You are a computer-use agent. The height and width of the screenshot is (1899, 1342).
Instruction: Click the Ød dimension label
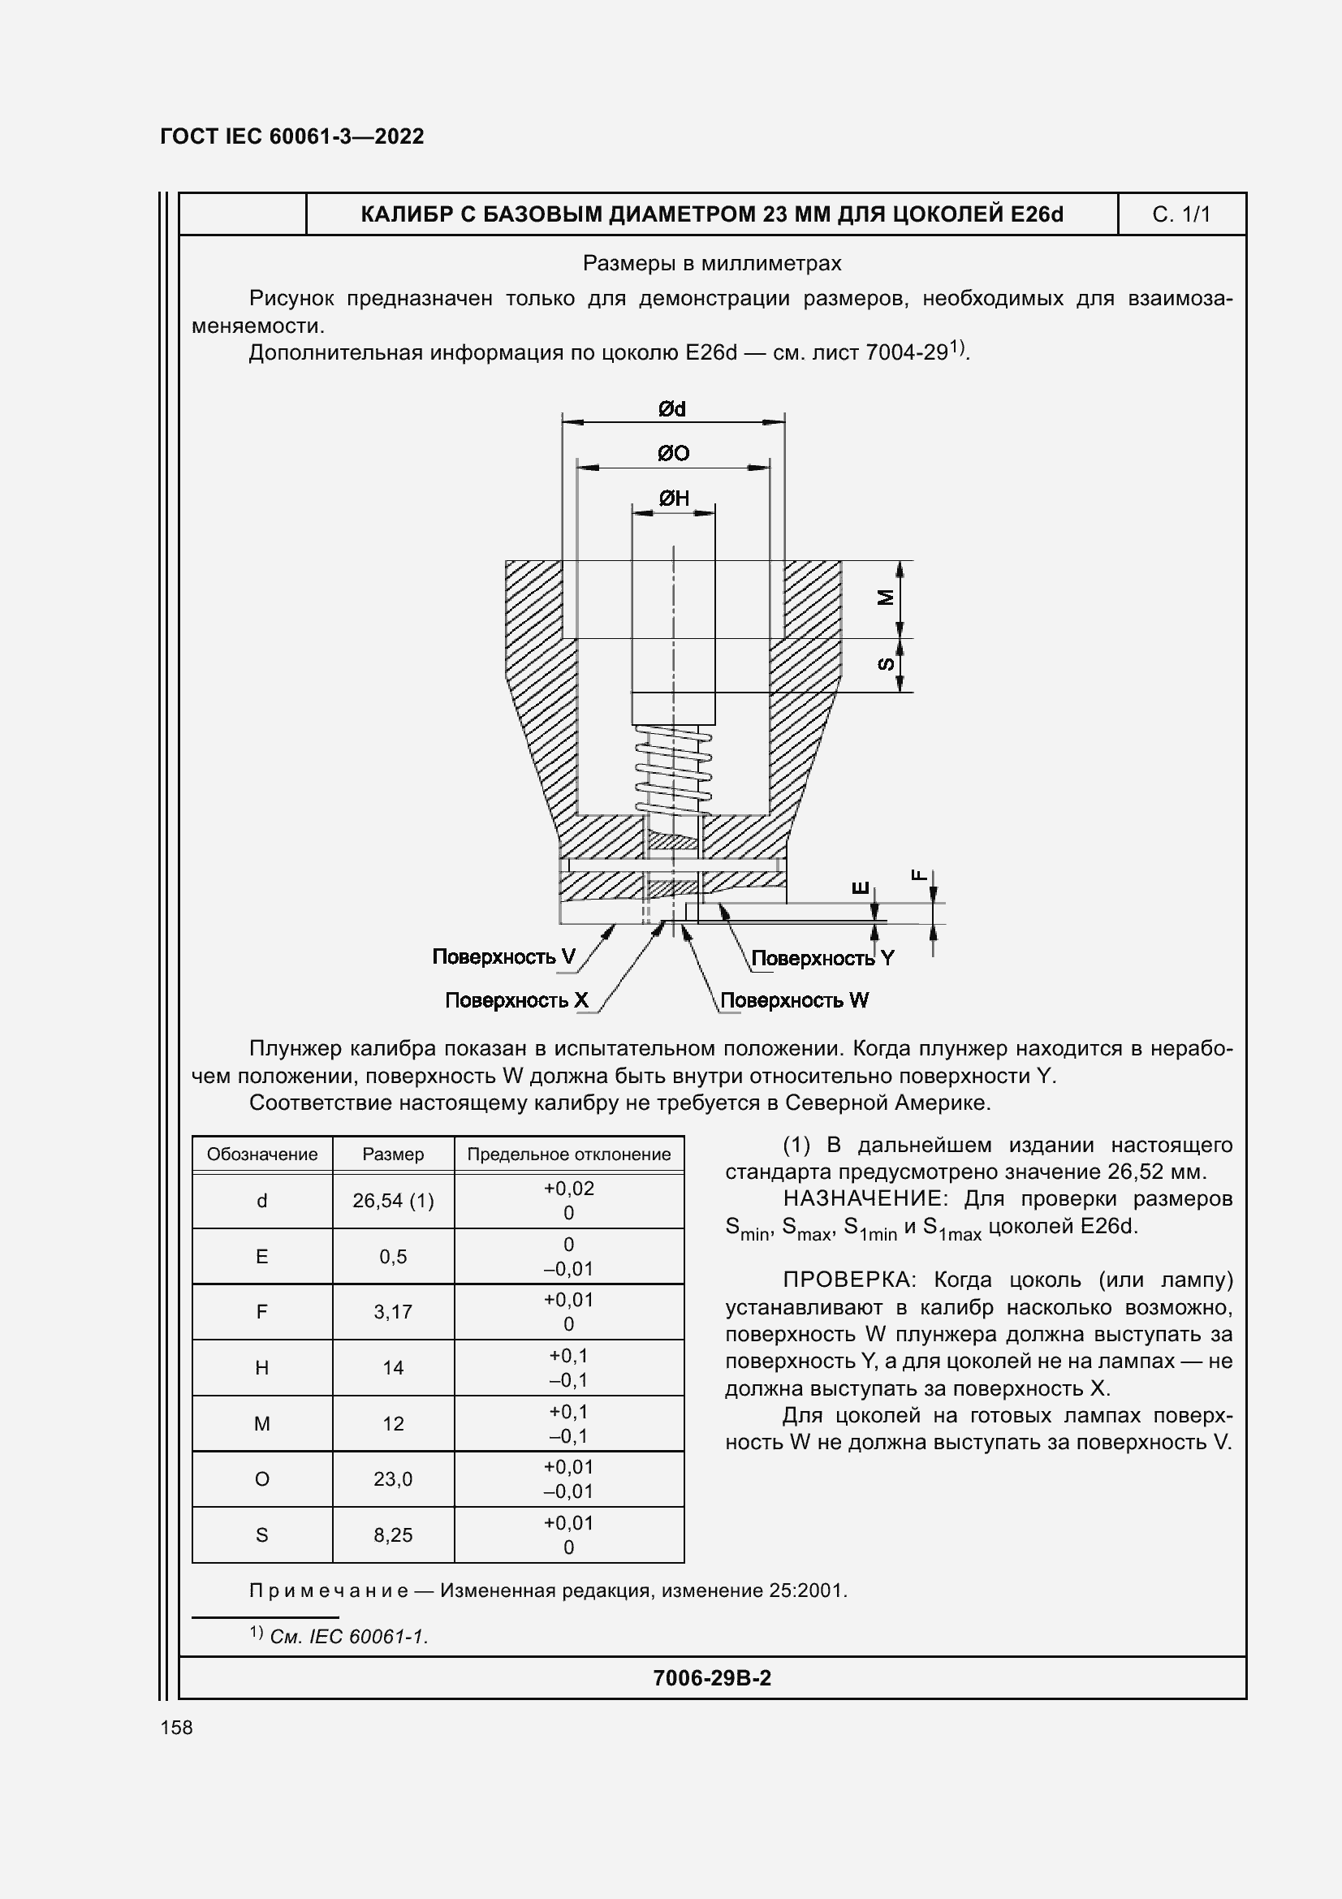(x=672, y=408)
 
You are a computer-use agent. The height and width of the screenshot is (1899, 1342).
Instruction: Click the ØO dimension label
(x=673, y=453)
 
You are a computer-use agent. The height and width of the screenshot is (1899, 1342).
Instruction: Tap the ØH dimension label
(x=674, y=498)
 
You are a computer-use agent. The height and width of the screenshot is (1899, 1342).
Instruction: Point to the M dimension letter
(x=886, y=598)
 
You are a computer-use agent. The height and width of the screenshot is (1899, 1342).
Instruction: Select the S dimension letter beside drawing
(x=886, y=664)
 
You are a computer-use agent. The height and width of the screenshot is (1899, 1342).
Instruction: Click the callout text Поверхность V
(x=503, y=957)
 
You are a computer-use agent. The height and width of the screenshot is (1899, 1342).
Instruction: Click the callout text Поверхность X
(x=516, y=1001)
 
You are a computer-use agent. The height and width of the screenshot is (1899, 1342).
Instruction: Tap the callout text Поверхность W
(x=794, y=1001)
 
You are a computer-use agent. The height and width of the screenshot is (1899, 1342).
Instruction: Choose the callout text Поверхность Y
(x=822, y=959)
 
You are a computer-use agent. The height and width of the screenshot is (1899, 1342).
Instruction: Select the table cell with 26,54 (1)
(x=393, y=1201)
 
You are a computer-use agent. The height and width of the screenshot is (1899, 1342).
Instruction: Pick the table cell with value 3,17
(x=393, y=1312)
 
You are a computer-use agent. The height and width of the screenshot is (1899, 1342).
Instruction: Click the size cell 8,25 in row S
(x=393, y=1535)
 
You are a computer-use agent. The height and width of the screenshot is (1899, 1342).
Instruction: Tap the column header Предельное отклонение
(x=569, y=1155)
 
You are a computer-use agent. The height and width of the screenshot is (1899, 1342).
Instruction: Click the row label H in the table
(x=261, y=1368)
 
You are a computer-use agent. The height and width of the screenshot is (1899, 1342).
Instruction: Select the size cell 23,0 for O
(x=393, y=1478)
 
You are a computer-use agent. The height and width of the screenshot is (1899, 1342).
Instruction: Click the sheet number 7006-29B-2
(x=712, y=1678)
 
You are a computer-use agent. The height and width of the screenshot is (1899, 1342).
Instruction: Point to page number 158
(x=176, y=1728)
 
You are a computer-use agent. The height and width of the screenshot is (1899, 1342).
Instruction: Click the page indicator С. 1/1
(x=1180, y=215)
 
